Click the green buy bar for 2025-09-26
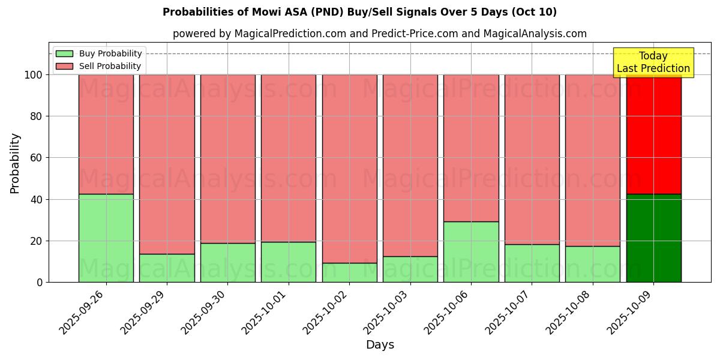point(106,238)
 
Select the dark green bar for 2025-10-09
point(653,238)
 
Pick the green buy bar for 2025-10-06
point(471,251)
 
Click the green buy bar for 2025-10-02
point(349,272)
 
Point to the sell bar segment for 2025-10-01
point(289,158)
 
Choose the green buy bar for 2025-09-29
point(167,268)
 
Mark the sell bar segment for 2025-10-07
point(532,159)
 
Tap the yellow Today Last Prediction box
point(653,62)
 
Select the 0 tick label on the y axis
point(40,282)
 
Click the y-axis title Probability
point(15,163)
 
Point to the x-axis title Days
point(380,345)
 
